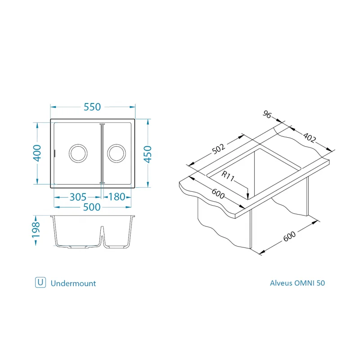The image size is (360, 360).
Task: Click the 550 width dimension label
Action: click(92, 107)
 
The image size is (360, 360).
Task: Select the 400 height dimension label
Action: click(37, 153)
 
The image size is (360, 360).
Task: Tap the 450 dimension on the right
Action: click(148, 154)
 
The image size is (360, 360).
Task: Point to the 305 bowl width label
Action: click(78, 197)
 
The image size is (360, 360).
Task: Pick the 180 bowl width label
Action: click(117, 197)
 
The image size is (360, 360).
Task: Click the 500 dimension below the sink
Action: click(92, 207)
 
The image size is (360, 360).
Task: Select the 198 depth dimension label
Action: click(36, 230)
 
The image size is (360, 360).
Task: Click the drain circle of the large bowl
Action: click(78, 144)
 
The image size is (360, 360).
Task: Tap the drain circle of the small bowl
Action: click(117, 144)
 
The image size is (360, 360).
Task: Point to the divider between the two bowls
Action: click(102, 153)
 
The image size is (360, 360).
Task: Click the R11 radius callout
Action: click(228, 176)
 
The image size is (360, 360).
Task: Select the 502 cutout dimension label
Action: click(218, 149)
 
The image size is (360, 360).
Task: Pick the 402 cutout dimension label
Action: click(309, 137)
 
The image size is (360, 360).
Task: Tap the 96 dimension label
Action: click(267, 114)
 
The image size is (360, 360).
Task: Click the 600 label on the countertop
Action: click(218, 193)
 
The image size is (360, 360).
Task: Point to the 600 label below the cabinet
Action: click(289, 236)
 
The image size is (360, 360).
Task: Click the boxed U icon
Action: click(40, 283)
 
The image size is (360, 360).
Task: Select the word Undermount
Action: click(73, 283)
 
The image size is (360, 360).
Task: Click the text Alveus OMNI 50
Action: click(297, 283)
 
